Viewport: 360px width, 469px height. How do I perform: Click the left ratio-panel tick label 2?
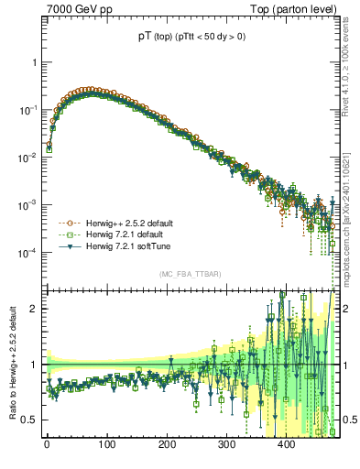click(x=36, y=309)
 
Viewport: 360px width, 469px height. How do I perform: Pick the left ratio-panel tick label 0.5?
click(x=31, y=420)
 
